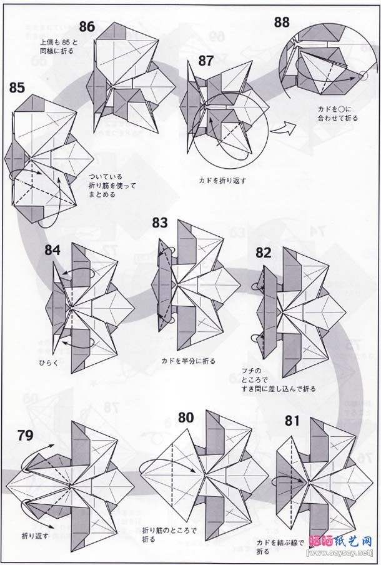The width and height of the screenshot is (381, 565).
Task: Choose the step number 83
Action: coord(161,223)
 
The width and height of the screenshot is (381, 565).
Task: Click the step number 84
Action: coord(52,251)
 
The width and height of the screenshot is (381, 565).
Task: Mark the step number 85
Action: coord(17,87)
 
